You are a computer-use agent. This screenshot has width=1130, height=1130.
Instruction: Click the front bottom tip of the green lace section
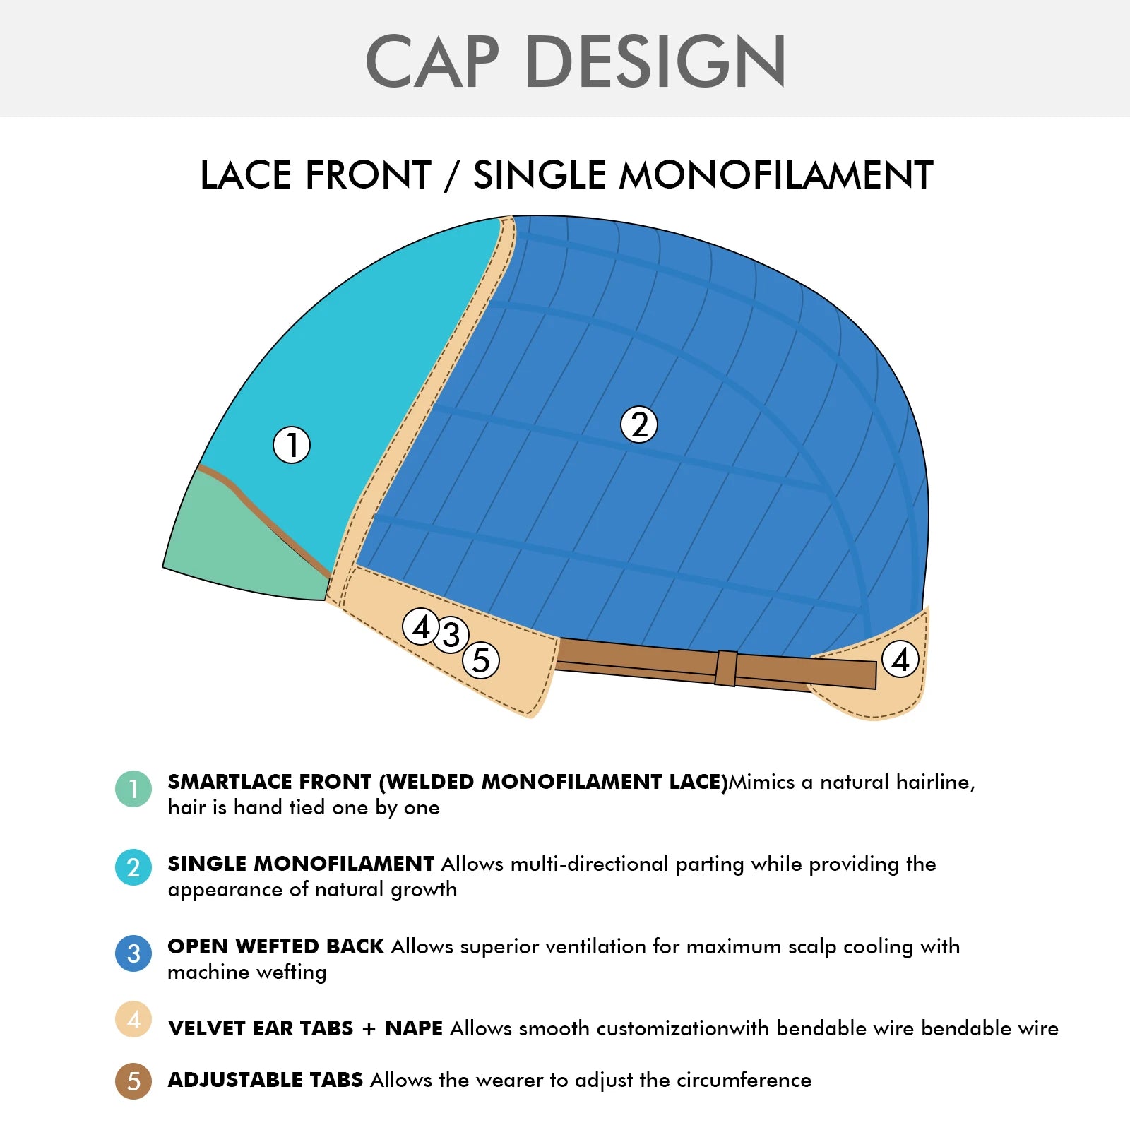[164, 566]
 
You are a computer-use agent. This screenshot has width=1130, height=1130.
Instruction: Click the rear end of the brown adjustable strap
[876, 674]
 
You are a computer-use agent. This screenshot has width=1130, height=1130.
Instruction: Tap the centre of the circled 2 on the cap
[639, 424]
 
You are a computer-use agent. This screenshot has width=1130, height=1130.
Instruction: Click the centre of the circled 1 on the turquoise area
[292, 445]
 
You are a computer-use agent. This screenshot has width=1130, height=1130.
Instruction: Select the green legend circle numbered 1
[133, 788]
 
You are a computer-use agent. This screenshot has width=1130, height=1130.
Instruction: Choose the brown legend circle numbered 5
[133, 1081]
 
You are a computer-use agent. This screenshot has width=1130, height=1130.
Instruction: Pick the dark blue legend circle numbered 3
[133, 953]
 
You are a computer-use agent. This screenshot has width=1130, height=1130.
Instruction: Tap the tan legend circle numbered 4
[133, 1019]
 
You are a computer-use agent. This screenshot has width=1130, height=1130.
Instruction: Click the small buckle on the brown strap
[725, 667]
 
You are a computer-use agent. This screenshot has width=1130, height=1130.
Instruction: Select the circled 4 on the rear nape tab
[900, 659]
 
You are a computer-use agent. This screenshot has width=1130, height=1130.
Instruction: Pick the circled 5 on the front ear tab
[481, 660]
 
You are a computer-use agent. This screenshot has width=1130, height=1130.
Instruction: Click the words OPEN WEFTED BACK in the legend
[275, 946]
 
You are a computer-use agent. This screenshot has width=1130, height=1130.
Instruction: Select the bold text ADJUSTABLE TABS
[266, 1080]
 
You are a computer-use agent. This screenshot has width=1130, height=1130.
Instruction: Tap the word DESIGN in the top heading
[655, 61]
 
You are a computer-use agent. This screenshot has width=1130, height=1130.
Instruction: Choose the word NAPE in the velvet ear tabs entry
[414, 1028]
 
